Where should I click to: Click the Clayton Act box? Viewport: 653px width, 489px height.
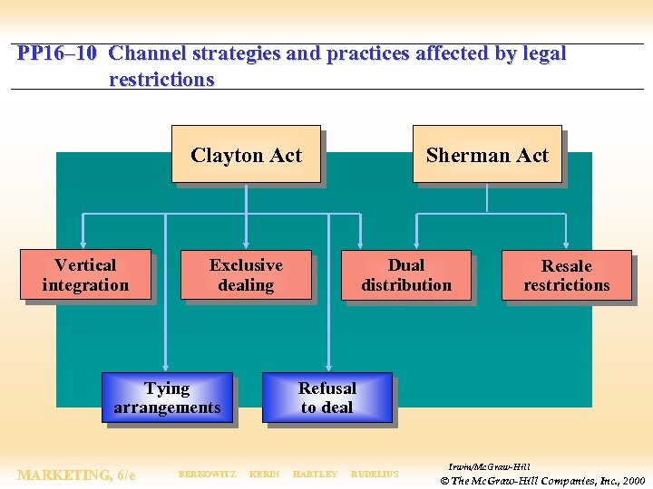pos(246,154)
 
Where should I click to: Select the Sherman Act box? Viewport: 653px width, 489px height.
pos(487,154)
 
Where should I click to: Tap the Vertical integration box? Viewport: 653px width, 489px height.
pos(85,274)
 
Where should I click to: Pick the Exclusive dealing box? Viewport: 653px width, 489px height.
pos(246,274)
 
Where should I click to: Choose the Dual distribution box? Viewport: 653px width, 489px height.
pos(406,274)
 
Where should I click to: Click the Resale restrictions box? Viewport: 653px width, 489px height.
pos(566,275)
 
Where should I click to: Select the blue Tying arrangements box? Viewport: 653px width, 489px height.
pos(167,398)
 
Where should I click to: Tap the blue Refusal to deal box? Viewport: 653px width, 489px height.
pos(327,398)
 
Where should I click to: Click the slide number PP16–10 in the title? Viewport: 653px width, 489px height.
pos(56,53)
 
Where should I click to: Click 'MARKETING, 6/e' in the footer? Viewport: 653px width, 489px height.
pos(76,475)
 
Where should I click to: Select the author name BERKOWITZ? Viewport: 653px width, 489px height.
pos(207,475)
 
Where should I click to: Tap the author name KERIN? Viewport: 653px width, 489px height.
pos(264,475)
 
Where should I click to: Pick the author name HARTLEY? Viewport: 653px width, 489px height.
pos(315,475)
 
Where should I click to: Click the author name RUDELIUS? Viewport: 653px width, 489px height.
pos(375,475)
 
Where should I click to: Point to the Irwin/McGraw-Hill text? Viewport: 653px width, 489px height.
pos(489,466)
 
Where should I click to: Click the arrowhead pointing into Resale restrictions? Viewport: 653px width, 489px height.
pos(566,244)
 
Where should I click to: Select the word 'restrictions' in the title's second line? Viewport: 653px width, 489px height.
pos(161,79)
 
